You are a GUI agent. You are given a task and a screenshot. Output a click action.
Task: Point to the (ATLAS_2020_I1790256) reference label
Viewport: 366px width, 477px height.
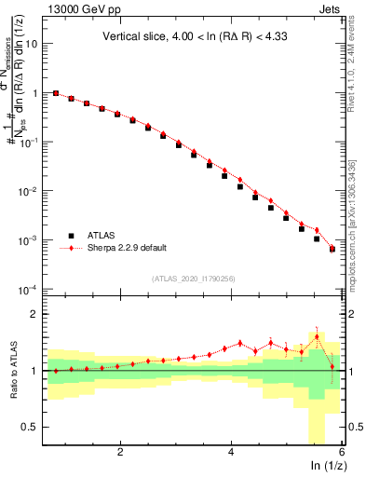click(x=194, y=278)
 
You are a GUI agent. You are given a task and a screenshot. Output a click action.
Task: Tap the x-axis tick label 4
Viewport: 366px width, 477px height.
click(x=230, y=453)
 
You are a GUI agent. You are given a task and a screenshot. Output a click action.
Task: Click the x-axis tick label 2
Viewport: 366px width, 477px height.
click(x=120, y=453)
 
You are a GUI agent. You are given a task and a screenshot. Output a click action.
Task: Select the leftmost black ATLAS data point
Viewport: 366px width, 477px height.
click(x=56, y=93)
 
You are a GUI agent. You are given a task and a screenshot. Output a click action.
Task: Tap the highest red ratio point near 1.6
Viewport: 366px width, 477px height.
click(x=317, y=337)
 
